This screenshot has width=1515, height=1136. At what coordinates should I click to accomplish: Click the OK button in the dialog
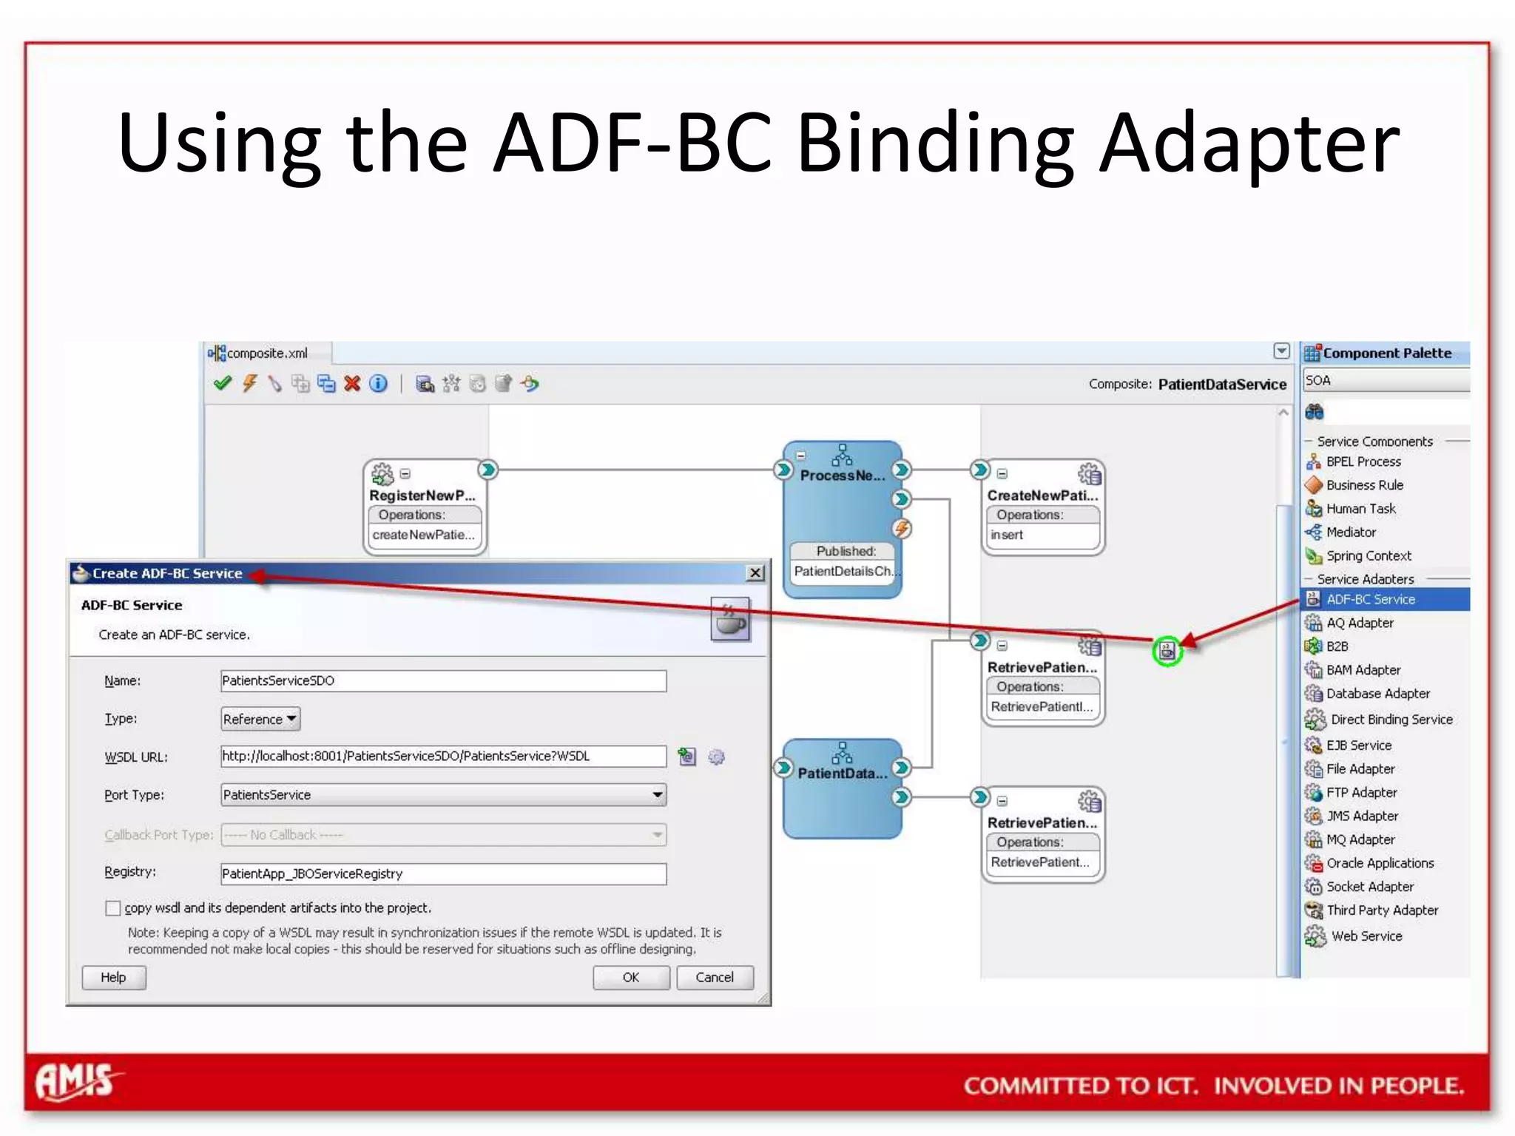[x=630, y=977]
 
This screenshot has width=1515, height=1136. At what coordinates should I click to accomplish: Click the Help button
[x=113, y=977]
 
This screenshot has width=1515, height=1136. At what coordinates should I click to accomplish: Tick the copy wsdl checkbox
[x=113, y=907]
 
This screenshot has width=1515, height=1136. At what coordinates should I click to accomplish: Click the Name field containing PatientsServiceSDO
[x=442, y=680]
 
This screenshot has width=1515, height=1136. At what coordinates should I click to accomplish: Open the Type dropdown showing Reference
[x=260, y=719]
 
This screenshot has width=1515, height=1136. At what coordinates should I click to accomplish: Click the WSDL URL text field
[x=442, y=756]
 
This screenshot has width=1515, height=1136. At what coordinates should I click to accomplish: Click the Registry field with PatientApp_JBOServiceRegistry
[x=442, y=873]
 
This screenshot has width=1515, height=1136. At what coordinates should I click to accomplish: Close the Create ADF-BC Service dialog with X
[x=755, y=573]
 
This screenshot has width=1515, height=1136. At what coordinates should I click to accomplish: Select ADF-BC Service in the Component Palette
[x=1370, y=599]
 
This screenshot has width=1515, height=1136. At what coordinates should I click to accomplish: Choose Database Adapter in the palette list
[x=1377, y=694]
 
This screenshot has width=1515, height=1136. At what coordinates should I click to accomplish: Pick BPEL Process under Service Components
[x=1363, y=461]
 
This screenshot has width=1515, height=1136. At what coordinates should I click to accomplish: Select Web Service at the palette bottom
[x=1366, y=936]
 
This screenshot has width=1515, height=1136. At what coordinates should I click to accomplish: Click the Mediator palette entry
[x=1351, y=532]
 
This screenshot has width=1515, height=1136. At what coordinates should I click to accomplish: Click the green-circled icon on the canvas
[x=1167, y=651]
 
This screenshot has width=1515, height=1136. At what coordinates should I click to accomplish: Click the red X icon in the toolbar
[x=352, y=383]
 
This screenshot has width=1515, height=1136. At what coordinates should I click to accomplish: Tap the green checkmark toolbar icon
[x=222, y=383]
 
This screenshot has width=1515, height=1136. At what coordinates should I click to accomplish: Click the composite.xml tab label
[x=266, y=354]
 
